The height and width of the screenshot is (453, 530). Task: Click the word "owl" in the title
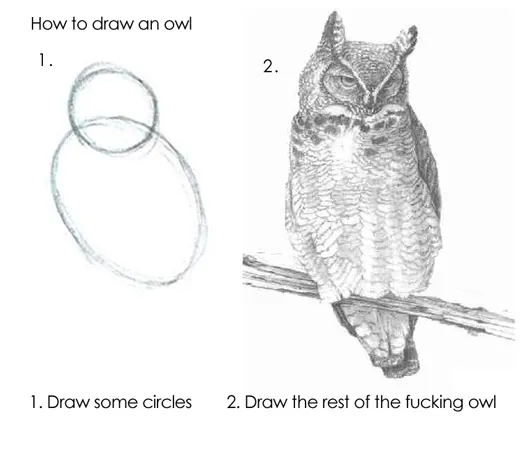(174, 22)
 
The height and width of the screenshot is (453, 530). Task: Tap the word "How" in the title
(47, 22)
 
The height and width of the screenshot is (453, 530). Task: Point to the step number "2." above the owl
(269, 67)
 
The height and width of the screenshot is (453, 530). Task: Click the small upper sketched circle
(113, 106)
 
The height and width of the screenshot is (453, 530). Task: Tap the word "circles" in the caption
(164, 403)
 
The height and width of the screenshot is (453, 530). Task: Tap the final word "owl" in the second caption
(482, 403)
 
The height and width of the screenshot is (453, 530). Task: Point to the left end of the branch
(252, 265)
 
